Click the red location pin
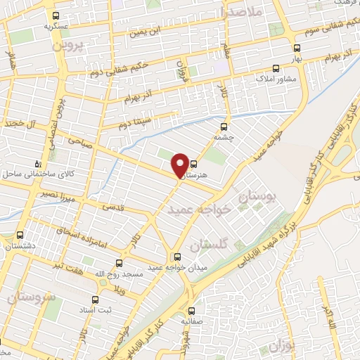(181, 165)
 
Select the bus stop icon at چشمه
(224, 127)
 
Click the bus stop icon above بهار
(296, 49)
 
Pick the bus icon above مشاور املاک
(276, 69)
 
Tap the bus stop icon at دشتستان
(19, 236)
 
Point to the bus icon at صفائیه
(191, 310)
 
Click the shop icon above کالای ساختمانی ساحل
(38, 164)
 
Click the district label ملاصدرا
(241, 12)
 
